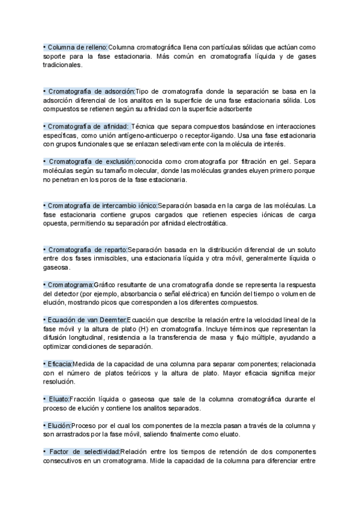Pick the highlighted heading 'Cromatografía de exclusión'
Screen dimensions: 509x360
click(89, 161)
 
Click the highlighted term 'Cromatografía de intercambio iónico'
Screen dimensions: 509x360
click(100, 205)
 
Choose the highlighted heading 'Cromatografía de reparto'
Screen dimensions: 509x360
click(86, 249)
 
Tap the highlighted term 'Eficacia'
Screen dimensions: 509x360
click(58, 364)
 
